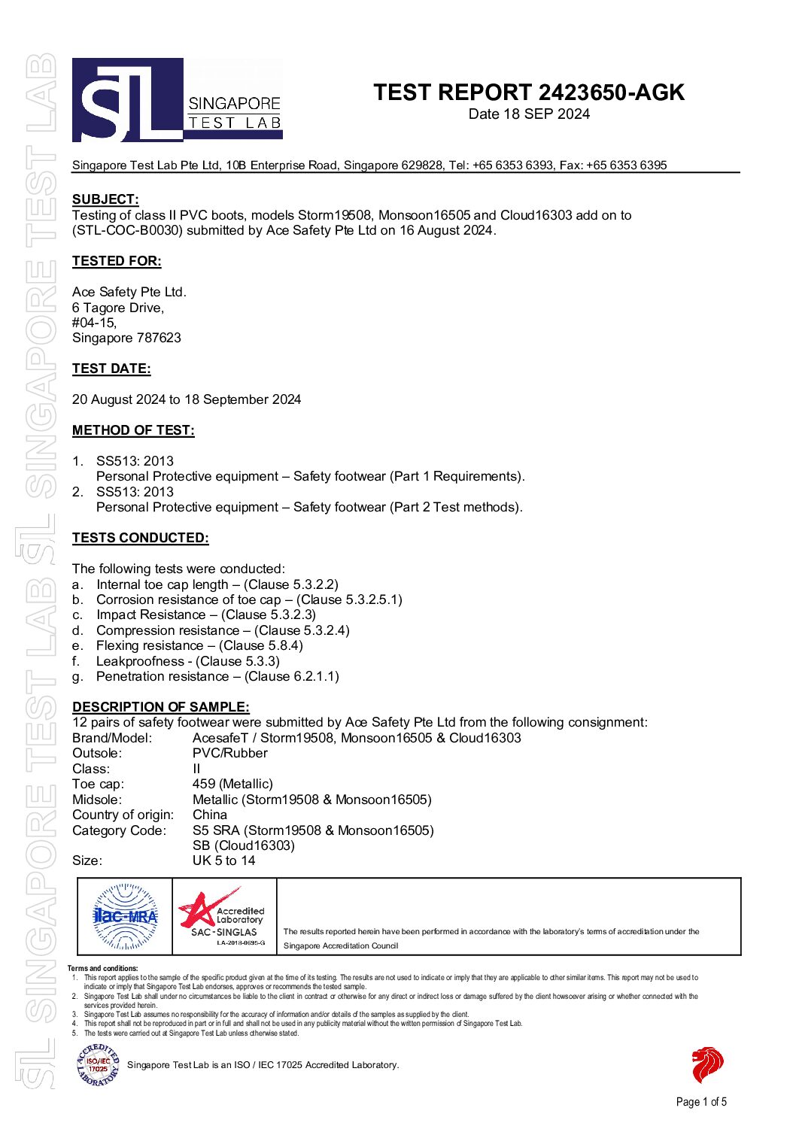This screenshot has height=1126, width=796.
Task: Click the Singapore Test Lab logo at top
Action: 178,100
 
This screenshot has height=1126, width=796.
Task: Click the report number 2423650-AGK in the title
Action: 611,93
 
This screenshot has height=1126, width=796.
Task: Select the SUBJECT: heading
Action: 105,199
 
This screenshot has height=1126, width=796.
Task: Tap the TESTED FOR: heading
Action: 117,261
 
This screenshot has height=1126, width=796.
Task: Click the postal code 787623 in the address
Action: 159,338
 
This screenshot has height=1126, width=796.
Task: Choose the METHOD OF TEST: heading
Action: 133,430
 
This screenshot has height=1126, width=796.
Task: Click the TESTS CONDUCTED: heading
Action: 141,538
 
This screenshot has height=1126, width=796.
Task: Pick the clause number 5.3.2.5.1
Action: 373,599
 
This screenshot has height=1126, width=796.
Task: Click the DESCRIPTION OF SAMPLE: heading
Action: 161,707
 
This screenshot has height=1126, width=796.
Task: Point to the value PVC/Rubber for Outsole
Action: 230,753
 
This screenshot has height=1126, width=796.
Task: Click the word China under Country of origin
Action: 210,815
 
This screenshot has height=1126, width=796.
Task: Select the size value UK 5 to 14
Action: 224,860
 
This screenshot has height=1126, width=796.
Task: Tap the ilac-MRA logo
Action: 125,916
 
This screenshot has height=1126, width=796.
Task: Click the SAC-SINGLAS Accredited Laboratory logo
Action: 223,916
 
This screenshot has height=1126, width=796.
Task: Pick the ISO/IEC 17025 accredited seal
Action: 98,1065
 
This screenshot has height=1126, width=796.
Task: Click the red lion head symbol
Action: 706,1064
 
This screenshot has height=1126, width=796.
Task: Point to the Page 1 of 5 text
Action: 701,1102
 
